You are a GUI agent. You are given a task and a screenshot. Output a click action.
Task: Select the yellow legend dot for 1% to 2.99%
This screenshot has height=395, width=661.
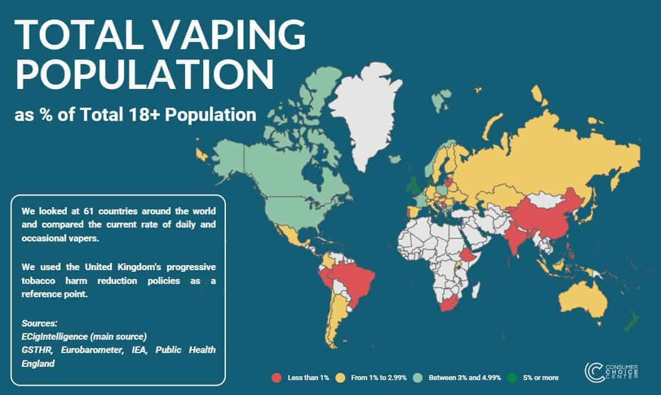(x=340, y=378)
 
